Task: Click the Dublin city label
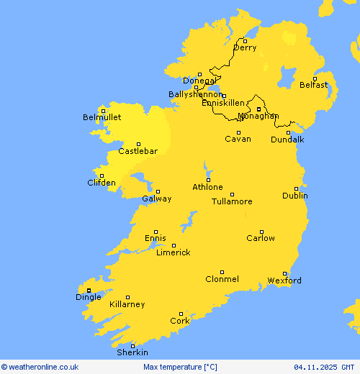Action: pyautogui.click(x=295, y=196)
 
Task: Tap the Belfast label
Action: pyautogui.click(x=314, y=85)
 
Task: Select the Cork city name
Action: pyautogui.click(x=180, y=321)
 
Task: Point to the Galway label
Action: pyautogui.click(x=157, y=199)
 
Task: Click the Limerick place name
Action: pyautogui.click(x=174, y=252)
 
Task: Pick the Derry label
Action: pyautogui.click(x=245, y=48)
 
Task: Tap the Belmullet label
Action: pyautogui.click(x=102, y=117)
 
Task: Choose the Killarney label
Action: pyautogui.click(x=127, y=304)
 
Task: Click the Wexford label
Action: pyautogui.click(x=284, y=280)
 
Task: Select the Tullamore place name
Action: pyautogui.click(x=232, y=201)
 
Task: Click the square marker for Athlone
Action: pyautogui.click(x=208, y=180)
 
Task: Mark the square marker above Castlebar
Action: pyautogui.click(x=138, y=144)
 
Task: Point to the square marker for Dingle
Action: pyautogui.click(x=89, y=291)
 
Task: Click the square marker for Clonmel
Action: pyautogui.click(x=222, y=272)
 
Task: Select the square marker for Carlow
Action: pyautogui.click(x=261, y=231)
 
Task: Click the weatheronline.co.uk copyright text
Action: pyautogui.click(x=40, y=367)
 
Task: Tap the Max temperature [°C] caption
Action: pyautogui.click(x=180, y=367)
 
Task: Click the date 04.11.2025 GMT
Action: pyautogui.click(x=324, y=367)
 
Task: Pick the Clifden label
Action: pyautogui.click(x=102, y=183)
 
